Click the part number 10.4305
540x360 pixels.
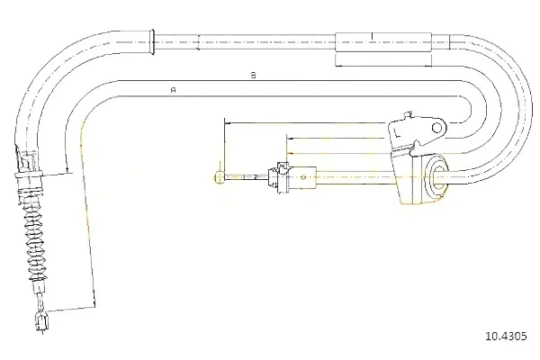(x=506, y=336)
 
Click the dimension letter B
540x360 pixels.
(x=254, y=75)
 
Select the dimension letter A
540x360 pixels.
(x=174, y=90)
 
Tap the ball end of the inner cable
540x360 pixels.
(x=219, y=177)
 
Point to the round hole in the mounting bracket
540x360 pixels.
(x=436, y=128)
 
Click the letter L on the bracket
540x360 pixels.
(x=397, y=133)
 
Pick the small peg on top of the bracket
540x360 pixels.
(x=408, y=114)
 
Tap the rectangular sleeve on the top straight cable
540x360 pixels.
(x=383, y=42)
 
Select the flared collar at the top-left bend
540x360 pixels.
(x=151, y=42)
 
